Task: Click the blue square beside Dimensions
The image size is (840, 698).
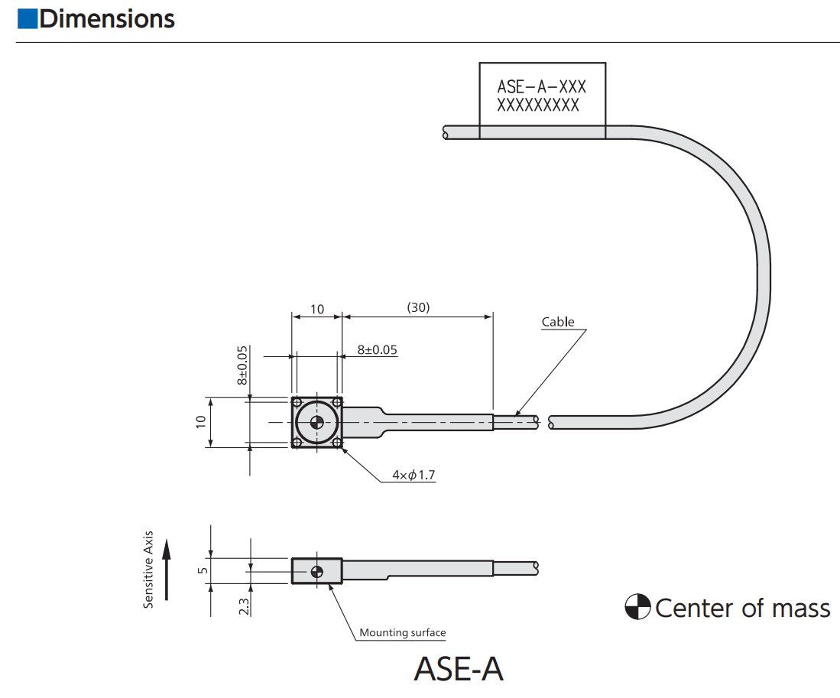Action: pos(27,18)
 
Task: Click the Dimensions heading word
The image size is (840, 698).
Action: pos(107,18)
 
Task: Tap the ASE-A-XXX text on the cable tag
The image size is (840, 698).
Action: pos(541,87)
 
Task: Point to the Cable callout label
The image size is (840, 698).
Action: pos(558,322)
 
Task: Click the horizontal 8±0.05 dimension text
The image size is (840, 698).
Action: pos(378,350)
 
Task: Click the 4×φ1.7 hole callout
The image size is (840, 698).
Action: pos(414,476)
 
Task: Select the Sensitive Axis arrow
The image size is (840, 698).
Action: pos(168,570)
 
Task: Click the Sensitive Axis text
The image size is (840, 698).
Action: pos(148,570)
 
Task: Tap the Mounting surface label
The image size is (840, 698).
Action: pos(402,632)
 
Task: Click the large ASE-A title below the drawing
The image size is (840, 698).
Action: pos(458,668)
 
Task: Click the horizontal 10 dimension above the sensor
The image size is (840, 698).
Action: pos(317,310)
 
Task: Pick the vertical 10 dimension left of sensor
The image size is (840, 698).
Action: pos(201,421)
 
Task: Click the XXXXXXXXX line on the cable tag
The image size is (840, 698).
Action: pos(538,106)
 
